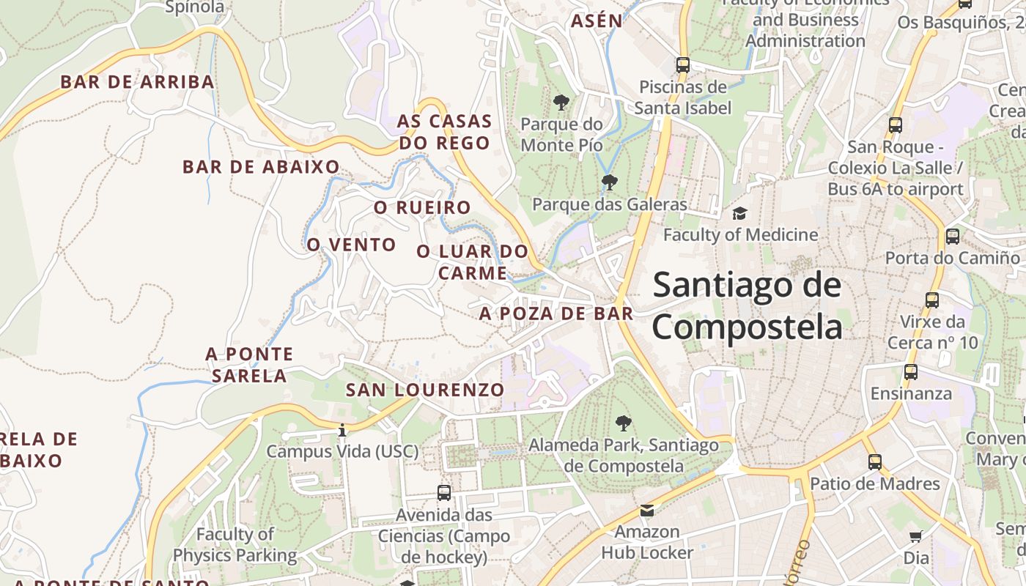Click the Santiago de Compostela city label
coord(747,305)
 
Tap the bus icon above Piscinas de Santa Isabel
coord(683,64)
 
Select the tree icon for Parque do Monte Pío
coord(561,102)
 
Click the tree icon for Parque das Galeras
coord(609,182)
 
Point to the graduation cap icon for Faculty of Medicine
coord(740,213)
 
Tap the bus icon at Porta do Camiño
coord(952,237)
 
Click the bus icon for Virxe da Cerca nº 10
coord(931,300)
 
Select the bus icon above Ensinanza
coord(910,371)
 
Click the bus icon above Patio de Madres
coord(874,462)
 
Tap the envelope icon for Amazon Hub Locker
coord(647,510)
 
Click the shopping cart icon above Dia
coord(915,537)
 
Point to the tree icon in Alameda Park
coord(624,423)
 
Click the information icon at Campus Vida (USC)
coord(342,430)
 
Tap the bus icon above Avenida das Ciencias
coord(443,493)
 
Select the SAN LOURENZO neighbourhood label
coord(425,390)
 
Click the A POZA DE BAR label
coord(556,314)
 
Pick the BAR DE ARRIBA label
coord(138,81)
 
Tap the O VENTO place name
coord(351,245)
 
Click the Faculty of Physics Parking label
coord(235,545)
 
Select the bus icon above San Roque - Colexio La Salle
coord(895,125)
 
